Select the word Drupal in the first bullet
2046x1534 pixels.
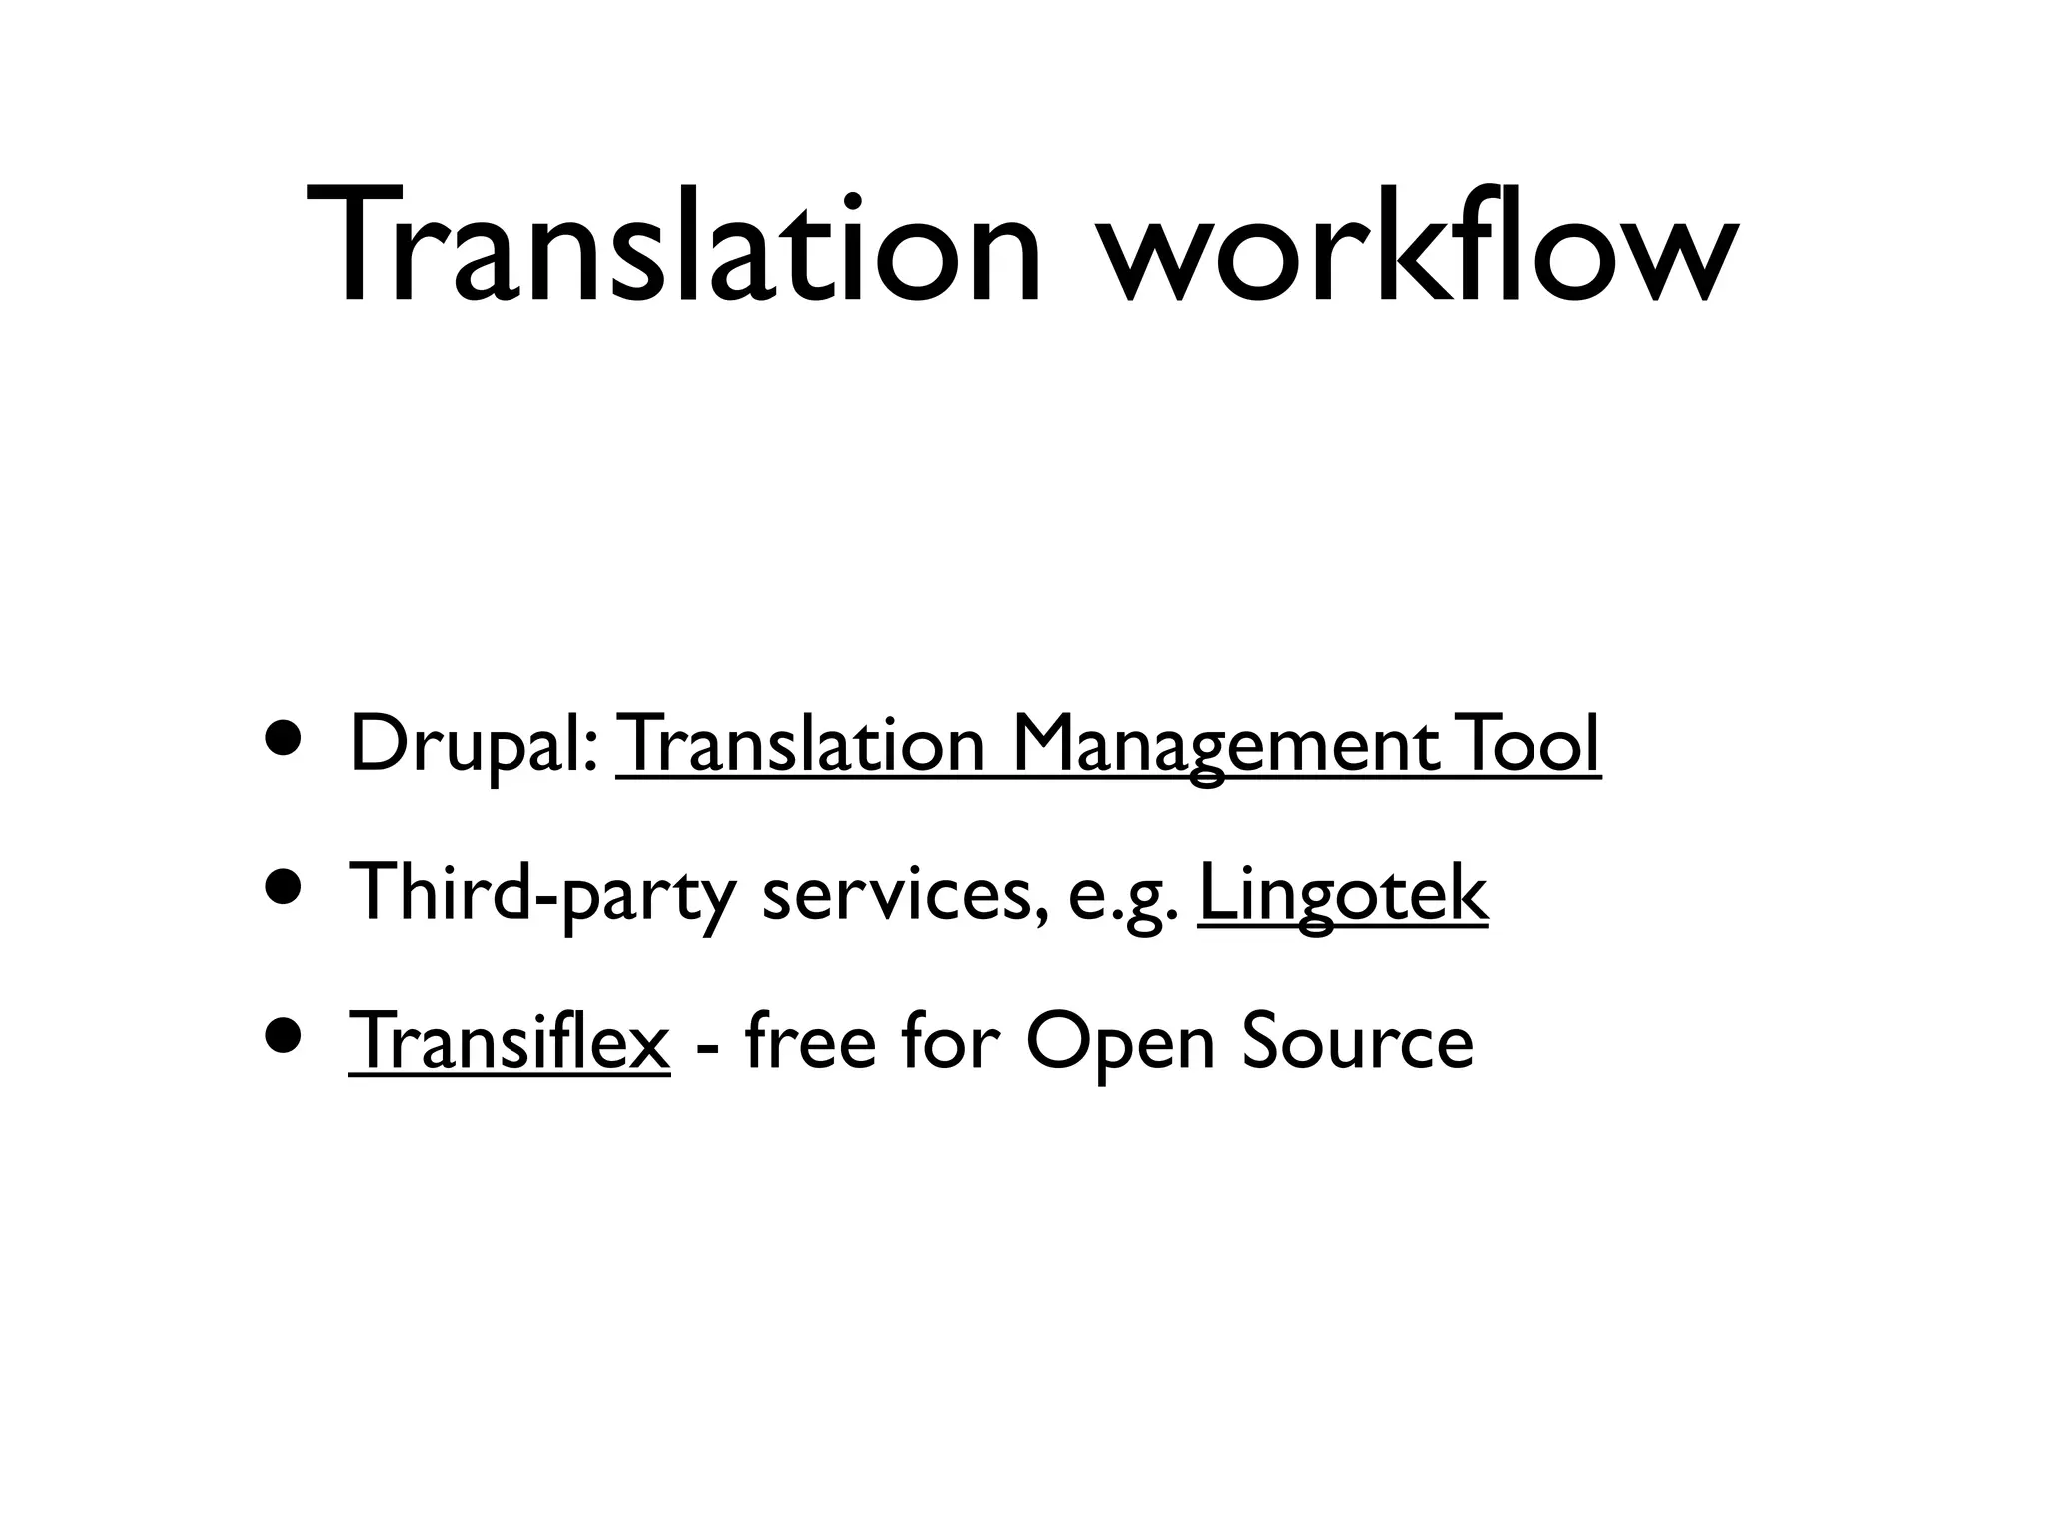(x=468, y=744)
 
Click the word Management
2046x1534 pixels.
(x=1225, y=746)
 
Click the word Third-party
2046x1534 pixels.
(x=539, y=893)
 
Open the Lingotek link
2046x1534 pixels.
(x=1342, y=893)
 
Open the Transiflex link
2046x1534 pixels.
(x=510, y=1041)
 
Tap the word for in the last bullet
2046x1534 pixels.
(x=950, y=1041)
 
